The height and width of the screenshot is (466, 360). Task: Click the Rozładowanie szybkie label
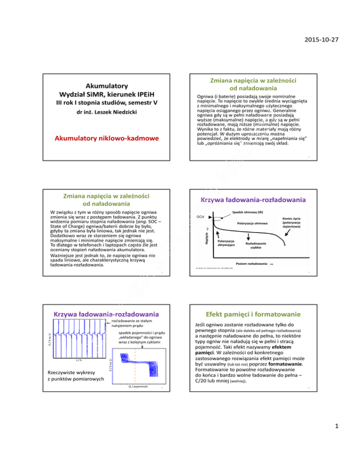(255, 247)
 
